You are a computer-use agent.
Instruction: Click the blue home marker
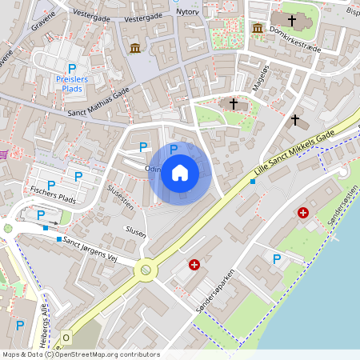180,173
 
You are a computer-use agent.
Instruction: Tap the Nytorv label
186,12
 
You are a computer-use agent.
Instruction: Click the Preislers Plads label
72,84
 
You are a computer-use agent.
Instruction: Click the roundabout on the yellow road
146,270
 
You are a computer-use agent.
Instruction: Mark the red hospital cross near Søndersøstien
303,213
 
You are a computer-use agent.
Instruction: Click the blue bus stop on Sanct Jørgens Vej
59,238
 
